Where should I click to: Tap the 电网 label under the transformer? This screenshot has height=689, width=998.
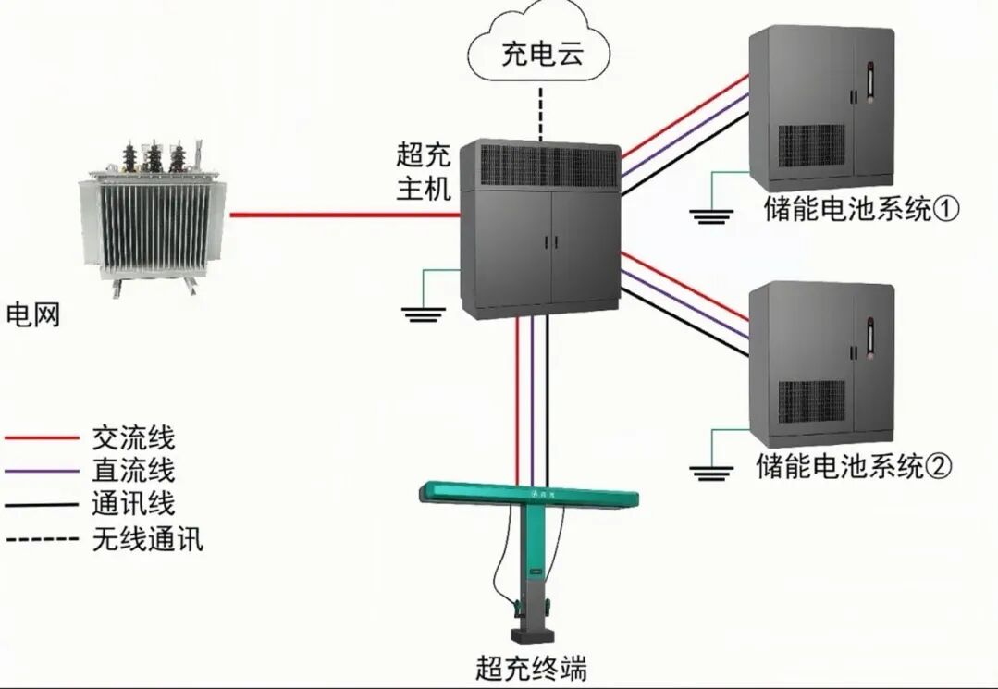pos(33,314)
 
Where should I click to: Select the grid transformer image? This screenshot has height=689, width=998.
pos(153,216)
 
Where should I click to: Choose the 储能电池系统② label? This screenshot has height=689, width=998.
pos(852,465)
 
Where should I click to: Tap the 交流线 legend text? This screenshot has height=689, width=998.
pos(133,437)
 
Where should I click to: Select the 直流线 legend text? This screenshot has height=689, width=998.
pos(133,470)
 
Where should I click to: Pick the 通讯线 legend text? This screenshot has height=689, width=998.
pos(133,504)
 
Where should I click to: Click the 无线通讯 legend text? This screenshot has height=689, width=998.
pos(147,538)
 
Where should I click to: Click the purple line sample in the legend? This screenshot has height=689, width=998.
pos(42,471)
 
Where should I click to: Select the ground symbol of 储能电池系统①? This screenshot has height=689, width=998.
pos(711,215)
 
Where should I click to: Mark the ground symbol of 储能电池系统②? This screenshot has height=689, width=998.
pos(711,473)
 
